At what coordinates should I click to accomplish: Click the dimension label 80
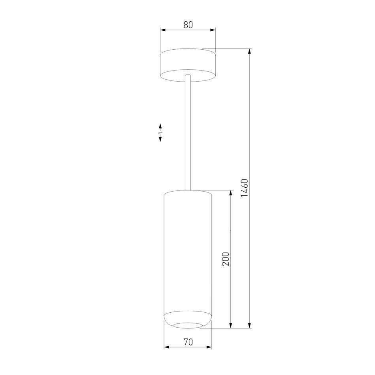click(x=188, y=25)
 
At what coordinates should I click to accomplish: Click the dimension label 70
click(x=188, y=342)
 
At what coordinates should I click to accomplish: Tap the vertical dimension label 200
click(x=226, y=259)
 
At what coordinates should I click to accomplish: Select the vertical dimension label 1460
click(x=245, y=188)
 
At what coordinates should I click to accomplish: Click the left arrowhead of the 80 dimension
click(x=163, y=30)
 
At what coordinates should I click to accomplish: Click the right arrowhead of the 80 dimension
click(x=213, y=30)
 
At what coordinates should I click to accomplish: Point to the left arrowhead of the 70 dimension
click(x=167, y=347)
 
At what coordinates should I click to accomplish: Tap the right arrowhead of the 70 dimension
click(x=209, y=347)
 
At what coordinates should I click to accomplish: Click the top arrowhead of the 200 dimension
click(x=231, y=193)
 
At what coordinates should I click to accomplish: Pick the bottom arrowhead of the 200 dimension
click(x=231, y=325)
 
